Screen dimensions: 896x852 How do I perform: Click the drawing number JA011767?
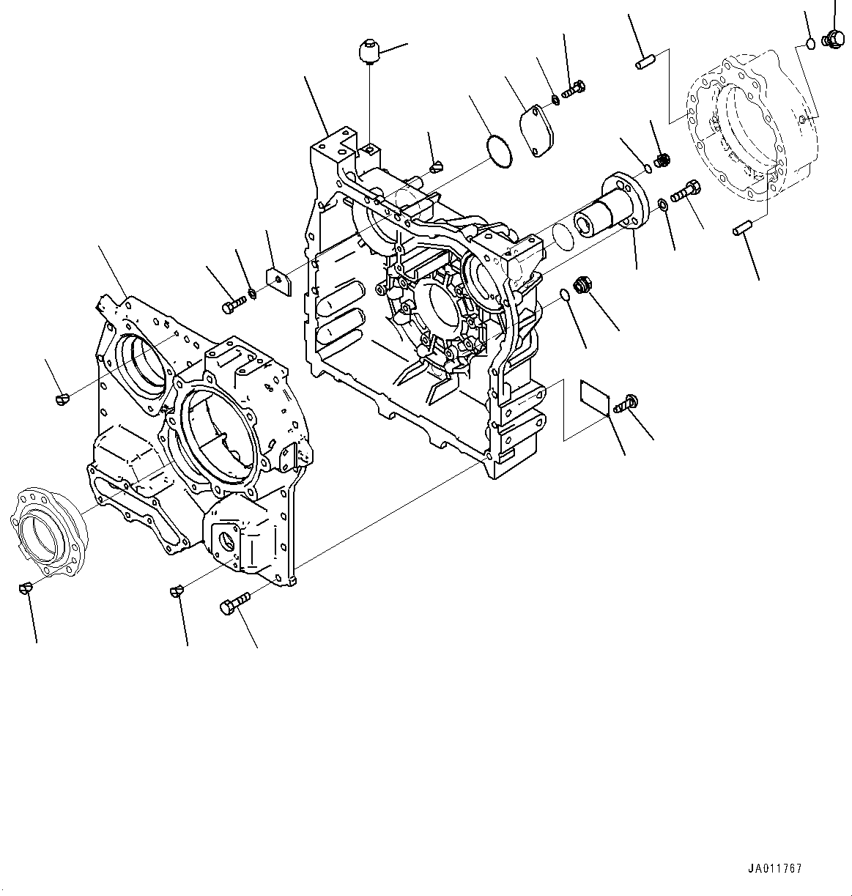774,869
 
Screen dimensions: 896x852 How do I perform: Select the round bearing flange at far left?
47,529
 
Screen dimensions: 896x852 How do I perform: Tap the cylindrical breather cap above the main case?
367,53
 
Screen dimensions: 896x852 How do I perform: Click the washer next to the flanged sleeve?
662,203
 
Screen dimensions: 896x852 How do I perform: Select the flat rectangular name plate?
595,396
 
